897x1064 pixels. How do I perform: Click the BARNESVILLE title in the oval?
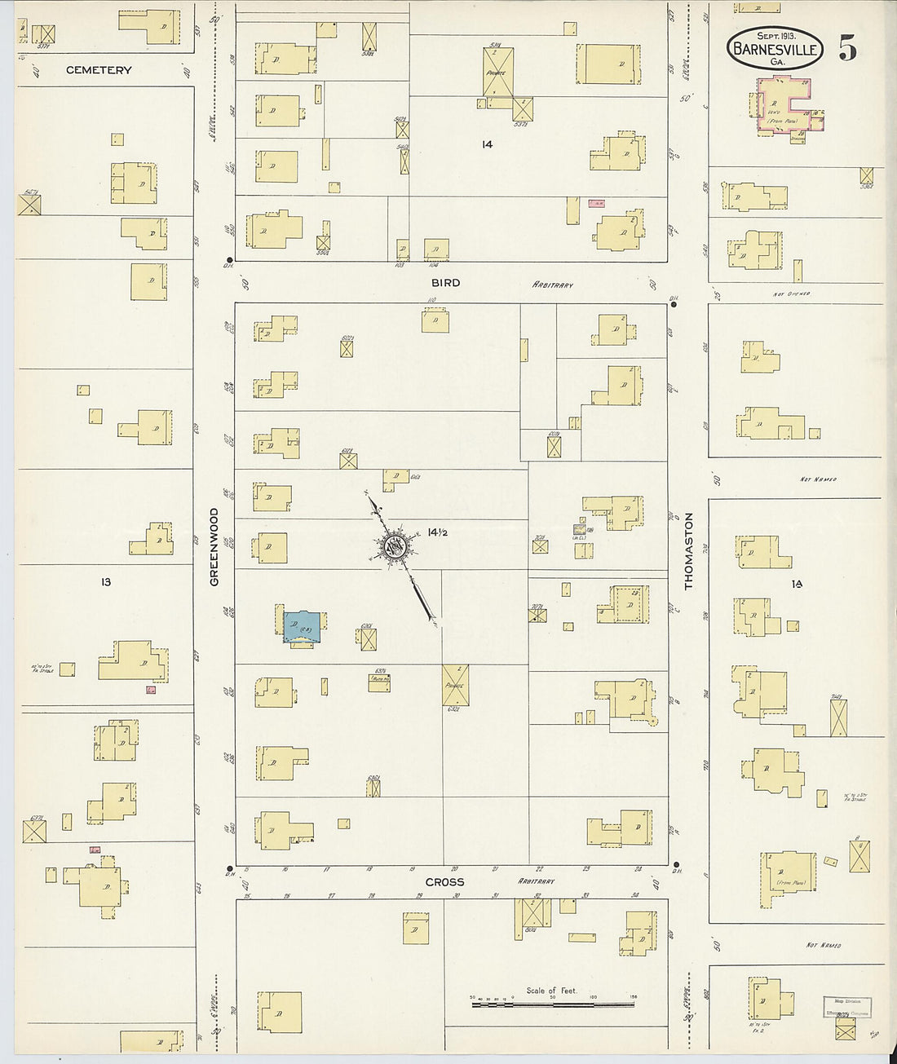tap(774, 49)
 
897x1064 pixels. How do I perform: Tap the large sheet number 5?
tap(847, 50)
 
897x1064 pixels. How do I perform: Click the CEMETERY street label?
tap(99, 70)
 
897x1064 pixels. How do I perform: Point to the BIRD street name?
tap(445, 283)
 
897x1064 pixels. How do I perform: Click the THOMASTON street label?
tap(688, 551)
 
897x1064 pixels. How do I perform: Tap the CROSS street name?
tap(444, 882)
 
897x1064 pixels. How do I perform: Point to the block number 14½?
tap(438, 532)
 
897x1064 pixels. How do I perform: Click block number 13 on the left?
tap(106, 581)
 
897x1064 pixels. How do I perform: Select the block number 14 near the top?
tap(487, 144)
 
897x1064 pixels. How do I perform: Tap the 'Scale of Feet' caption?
tap(551, 991)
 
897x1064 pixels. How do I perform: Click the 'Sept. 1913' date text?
tap(775, 36)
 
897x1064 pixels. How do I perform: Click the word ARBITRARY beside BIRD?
tap(553, 285)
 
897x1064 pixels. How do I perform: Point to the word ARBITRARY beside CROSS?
tap(535, 881)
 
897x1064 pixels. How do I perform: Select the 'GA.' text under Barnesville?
tap(776, 62)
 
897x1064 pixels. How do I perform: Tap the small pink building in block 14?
tap(597, 202)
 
